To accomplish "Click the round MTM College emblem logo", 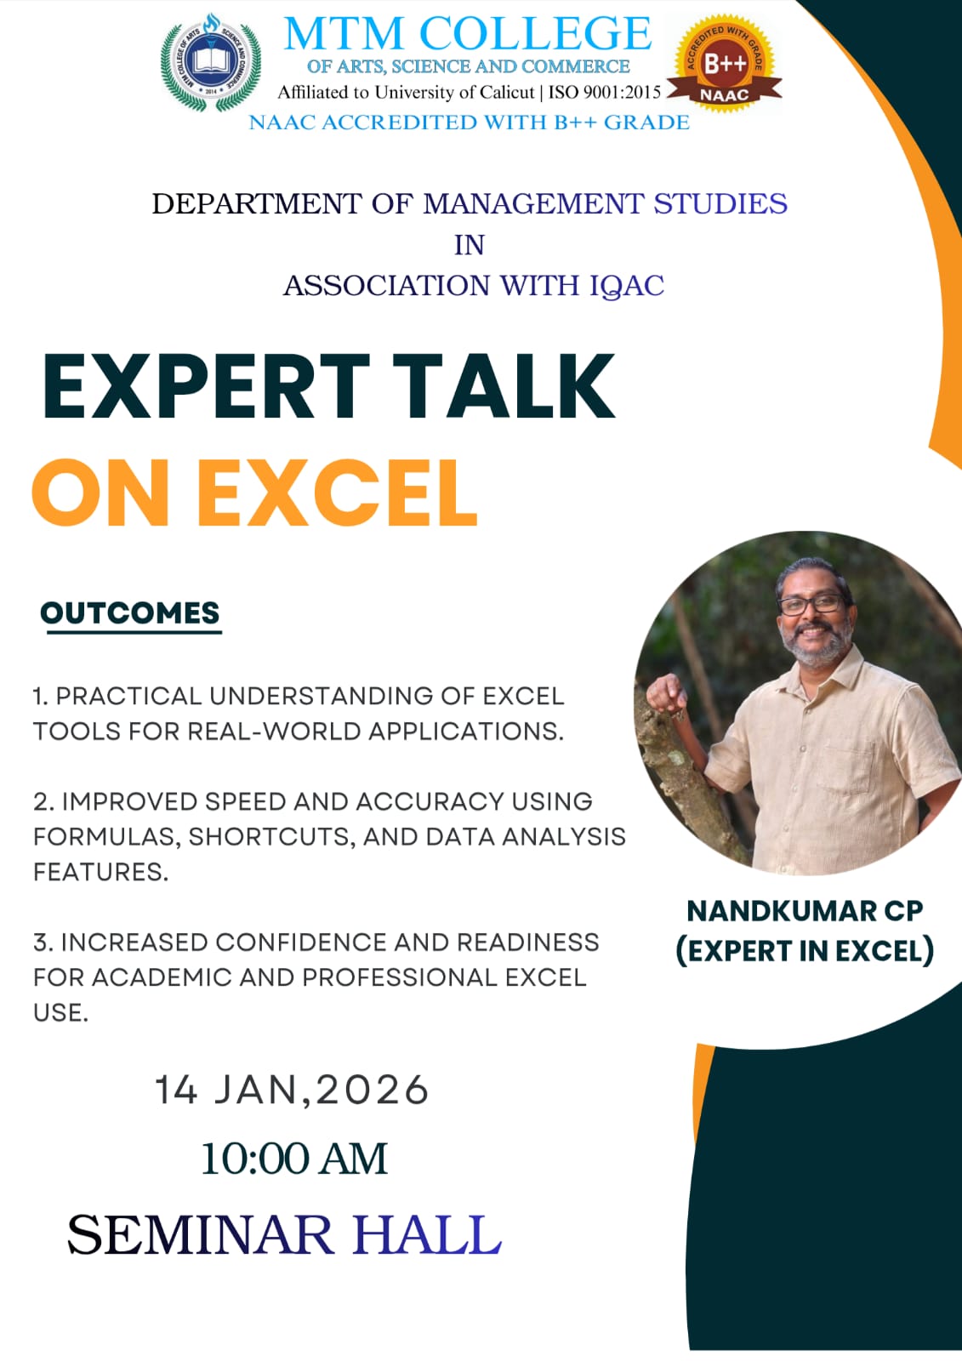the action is tap(211, 63).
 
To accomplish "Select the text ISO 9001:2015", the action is tap(605, 93).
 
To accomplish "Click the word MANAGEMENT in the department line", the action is tap(532, 203).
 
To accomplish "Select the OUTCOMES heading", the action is tap(130, 612).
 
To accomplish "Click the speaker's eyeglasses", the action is tap(811, 604).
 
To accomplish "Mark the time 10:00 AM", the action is tap(295, 1159).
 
